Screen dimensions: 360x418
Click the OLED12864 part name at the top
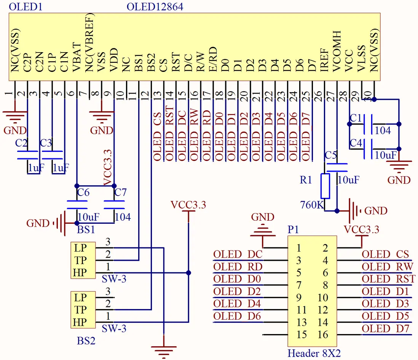(x=155, y=6)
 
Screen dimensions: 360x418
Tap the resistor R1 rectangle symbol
(x=325, y=186)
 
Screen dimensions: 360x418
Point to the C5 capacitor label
(x=331, y=155)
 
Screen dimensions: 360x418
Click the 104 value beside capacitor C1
(x=383, y=130)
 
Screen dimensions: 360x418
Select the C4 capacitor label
(x=356, y=143)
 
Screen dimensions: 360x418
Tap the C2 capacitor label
(x=22, y=143)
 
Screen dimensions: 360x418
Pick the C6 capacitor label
(x=83, y=193)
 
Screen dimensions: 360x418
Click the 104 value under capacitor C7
(x=123, y=217)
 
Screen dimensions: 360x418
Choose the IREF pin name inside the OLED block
(x=324, y=59)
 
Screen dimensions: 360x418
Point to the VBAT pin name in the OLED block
(x=76, y=57)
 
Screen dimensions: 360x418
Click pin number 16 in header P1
(x=322, y=335)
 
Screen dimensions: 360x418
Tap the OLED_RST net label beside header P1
(x=388, y=279)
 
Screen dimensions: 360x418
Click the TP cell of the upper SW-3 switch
(x=80, y=260)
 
